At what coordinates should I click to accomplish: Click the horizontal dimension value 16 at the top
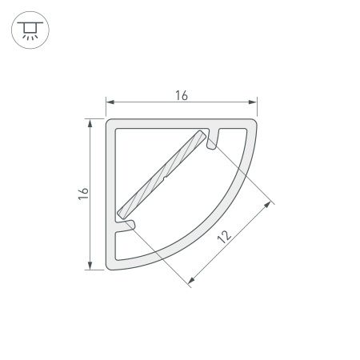181,95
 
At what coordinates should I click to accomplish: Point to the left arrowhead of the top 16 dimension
111,102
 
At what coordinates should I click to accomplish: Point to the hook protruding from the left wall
126,227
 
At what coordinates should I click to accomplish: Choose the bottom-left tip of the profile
111,267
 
